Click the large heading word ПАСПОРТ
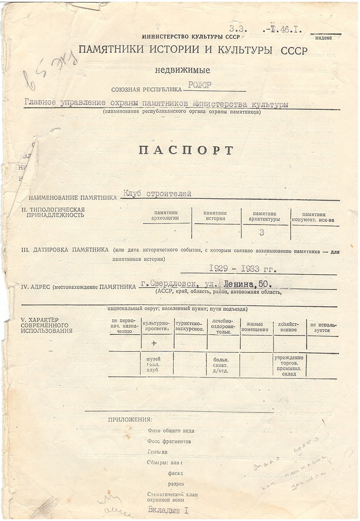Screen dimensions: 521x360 (x=186, y=150)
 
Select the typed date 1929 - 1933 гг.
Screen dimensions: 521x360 (x=242, y=269)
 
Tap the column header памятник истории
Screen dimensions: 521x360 (x=215, y=216)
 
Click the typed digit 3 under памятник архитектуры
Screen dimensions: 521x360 (x=262, y=233)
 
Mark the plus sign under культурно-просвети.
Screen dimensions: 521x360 (x=154, y=343)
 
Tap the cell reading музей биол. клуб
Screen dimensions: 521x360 (x=153, y=364)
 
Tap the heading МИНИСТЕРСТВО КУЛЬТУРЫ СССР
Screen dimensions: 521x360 (x=182, y=36)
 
